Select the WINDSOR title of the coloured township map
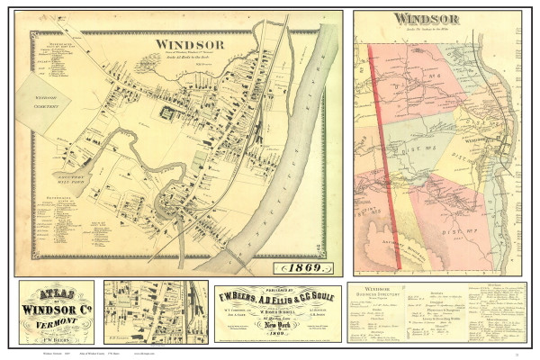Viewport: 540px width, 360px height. pos(426,20)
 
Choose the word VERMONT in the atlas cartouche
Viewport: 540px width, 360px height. pos(57,326)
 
